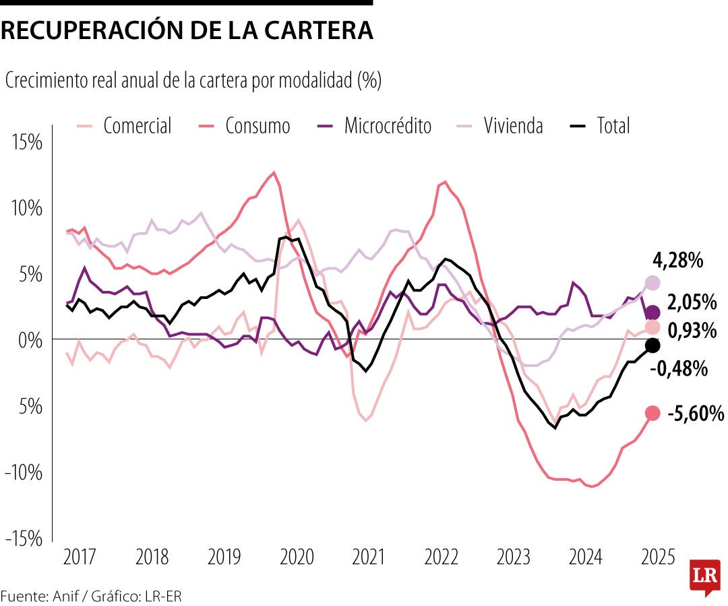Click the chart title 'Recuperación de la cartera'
[x=187, y=30]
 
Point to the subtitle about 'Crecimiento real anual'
[x=193, y=81]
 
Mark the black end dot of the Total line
[x=652, y=345]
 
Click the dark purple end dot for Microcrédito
[x=652, y=312]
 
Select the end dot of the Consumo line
[x=652, y=413]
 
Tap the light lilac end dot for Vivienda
[x=652, y=283]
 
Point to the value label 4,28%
[x=677, y=260]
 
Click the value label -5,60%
[x=695, y=413]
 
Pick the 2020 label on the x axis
[x=297, y=558]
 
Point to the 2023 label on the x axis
[x=514, y=558]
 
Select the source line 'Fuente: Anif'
[x=91, y=596]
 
